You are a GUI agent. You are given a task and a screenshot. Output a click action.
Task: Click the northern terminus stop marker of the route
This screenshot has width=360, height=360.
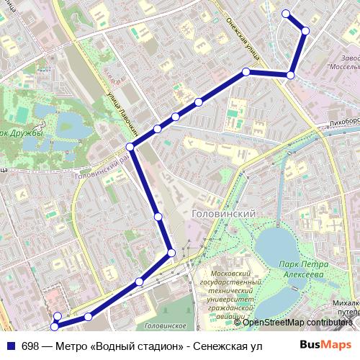point(286,13)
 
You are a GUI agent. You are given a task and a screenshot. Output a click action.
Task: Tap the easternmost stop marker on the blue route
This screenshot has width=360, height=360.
point(305,31)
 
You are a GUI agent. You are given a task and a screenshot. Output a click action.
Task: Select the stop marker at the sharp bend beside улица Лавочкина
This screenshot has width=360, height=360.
point(130,147)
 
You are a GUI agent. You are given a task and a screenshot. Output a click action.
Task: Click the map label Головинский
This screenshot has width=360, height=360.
point(225,214)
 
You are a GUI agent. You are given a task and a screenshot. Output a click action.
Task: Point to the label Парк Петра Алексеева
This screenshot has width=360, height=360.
point(300,269)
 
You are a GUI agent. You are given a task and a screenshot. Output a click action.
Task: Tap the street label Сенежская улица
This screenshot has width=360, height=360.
point(244,40)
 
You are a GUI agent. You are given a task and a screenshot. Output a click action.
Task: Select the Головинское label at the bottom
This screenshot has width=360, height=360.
point(164,325)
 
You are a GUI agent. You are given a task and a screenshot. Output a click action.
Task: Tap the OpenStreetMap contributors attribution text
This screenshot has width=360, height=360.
point(297,322)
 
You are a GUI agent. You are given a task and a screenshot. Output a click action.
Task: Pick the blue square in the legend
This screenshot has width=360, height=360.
point(11,346)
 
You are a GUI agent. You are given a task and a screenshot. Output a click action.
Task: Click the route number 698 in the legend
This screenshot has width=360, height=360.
point(31,346)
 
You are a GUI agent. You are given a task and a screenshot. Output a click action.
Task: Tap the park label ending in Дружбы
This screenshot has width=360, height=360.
point(22,132)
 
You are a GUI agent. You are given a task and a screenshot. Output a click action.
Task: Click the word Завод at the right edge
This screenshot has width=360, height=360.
point(349,57)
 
